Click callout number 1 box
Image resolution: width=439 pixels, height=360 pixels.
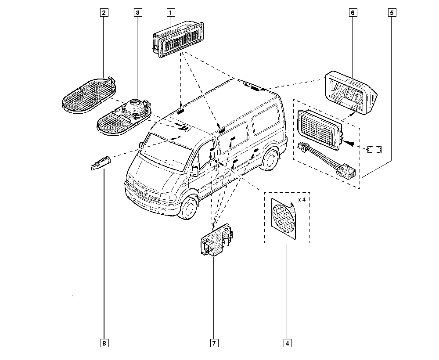pos(171,13)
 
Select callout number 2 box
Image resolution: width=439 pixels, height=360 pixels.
pos(104,13)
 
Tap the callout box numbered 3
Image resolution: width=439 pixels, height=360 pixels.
pos(138,13)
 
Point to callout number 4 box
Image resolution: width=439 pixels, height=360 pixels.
pos(288,343)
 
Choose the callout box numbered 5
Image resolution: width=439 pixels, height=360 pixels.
pos(392,13)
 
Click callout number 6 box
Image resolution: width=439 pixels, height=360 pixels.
pos(353,13)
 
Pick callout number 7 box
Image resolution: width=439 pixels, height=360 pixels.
pos(214,343)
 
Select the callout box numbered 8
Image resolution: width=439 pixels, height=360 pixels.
pos(104,343)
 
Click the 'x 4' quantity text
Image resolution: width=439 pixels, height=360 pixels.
pos(302,200)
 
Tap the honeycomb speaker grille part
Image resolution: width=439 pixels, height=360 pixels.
pos(284,219)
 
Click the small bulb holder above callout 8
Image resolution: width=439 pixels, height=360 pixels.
pos(101,163)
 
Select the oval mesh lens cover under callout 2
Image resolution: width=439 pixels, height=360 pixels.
pos(89,95)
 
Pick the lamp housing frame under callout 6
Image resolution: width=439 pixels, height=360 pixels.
pos(351,92)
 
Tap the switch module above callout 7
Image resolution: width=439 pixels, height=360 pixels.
pos(217,240)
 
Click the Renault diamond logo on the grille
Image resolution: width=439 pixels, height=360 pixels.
pos(146,192)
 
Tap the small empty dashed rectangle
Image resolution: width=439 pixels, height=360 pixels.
pos(374,149)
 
